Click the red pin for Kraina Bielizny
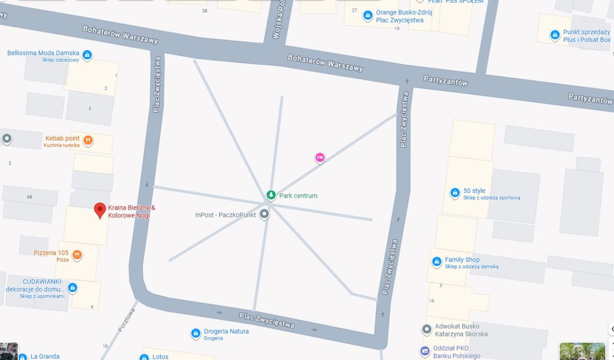click(100, 210)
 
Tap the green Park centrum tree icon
click(271, 195)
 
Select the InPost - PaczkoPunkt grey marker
click(264, 214)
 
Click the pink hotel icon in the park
click(320, 157)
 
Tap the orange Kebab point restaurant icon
click(88, 140)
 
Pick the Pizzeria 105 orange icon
click(77, 255)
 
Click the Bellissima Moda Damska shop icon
click(87, 55)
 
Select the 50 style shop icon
click(455, 193)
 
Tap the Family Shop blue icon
click(437, 262)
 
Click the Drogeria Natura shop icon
click(195, 333)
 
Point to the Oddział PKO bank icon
click(425, 351)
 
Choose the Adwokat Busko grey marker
click(426, 329)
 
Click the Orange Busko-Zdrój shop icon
click(367, 15)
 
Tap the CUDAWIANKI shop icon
click(72, 288)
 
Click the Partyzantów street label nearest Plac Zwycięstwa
click(445, 81)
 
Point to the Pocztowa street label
click(127, 320)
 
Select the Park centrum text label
click(298, 196)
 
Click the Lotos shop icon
click(144, 357)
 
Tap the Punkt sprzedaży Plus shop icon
click(555, 35)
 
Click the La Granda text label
click(45, 356)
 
